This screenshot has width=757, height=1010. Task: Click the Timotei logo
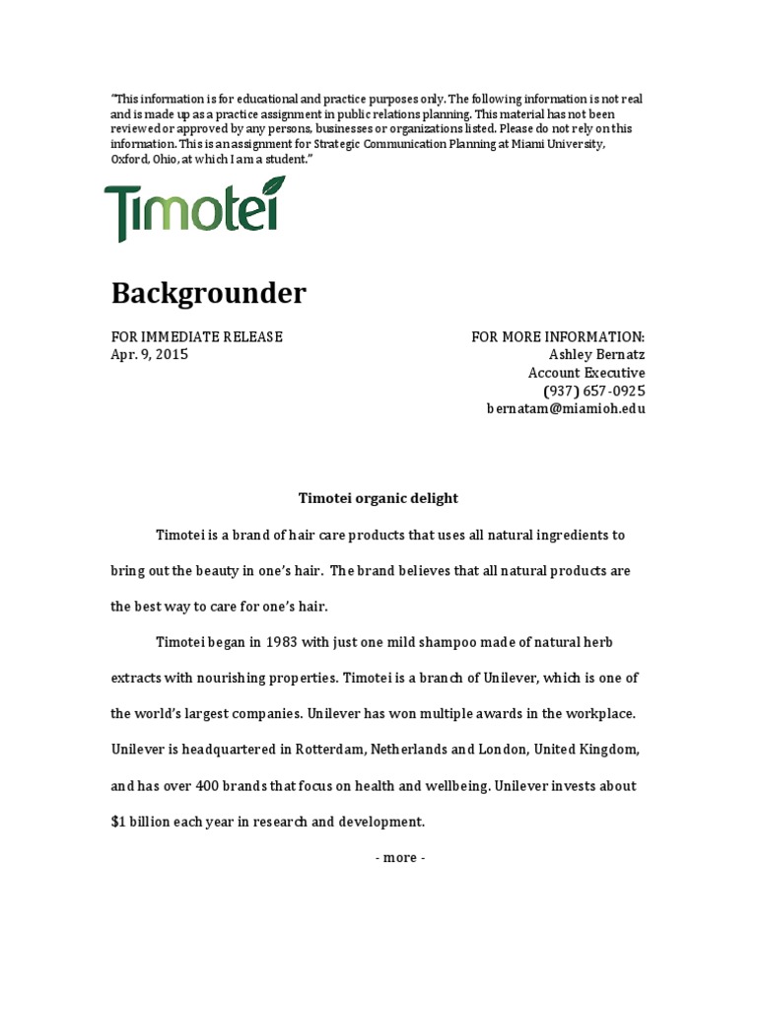[194, 209]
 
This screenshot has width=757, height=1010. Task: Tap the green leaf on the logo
[270, 187]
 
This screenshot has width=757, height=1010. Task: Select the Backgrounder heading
[208, 293]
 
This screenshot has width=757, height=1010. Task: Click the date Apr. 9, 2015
[149, 355]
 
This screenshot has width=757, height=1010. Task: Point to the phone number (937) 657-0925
[593, 391]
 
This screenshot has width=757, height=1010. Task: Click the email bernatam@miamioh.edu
[566, 408]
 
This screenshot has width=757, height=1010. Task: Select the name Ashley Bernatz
[596, 355]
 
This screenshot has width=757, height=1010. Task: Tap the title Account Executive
[586, 373]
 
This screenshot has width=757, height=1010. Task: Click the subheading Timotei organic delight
[378, 498]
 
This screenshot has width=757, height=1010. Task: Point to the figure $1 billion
[144, 822]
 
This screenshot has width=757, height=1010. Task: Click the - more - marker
[400, 857]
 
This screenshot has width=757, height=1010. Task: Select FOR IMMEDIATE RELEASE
[196, 337]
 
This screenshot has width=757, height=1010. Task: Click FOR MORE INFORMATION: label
[558, 337]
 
